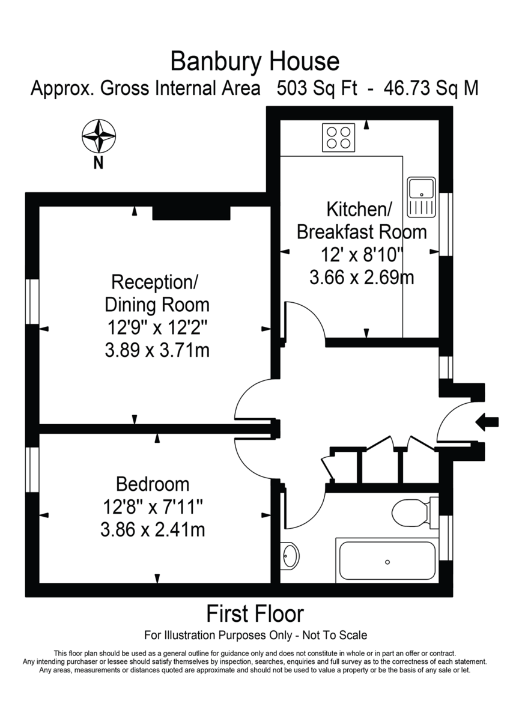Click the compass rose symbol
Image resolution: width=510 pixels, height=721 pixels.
98,136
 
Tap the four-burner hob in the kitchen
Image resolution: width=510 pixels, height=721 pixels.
338,136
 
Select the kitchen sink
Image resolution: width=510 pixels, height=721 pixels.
420,196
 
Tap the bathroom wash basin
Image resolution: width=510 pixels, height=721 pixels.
290,555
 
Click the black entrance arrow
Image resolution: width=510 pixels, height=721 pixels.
487,422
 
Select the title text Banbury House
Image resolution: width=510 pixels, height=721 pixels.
255,61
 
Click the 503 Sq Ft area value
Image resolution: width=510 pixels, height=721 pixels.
317,89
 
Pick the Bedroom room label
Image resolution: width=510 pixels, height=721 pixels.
153,484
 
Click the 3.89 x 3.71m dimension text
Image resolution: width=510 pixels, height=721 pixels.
157,350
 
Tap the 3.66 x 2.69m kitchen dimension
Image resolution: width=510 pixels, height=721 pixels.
362,278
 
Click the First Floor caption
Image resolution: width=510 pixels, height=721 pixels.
255,614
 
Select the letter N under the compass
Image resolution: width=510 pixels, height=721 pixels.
98,162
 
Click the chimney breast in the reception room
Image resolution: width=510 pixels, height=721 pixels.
191,212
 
